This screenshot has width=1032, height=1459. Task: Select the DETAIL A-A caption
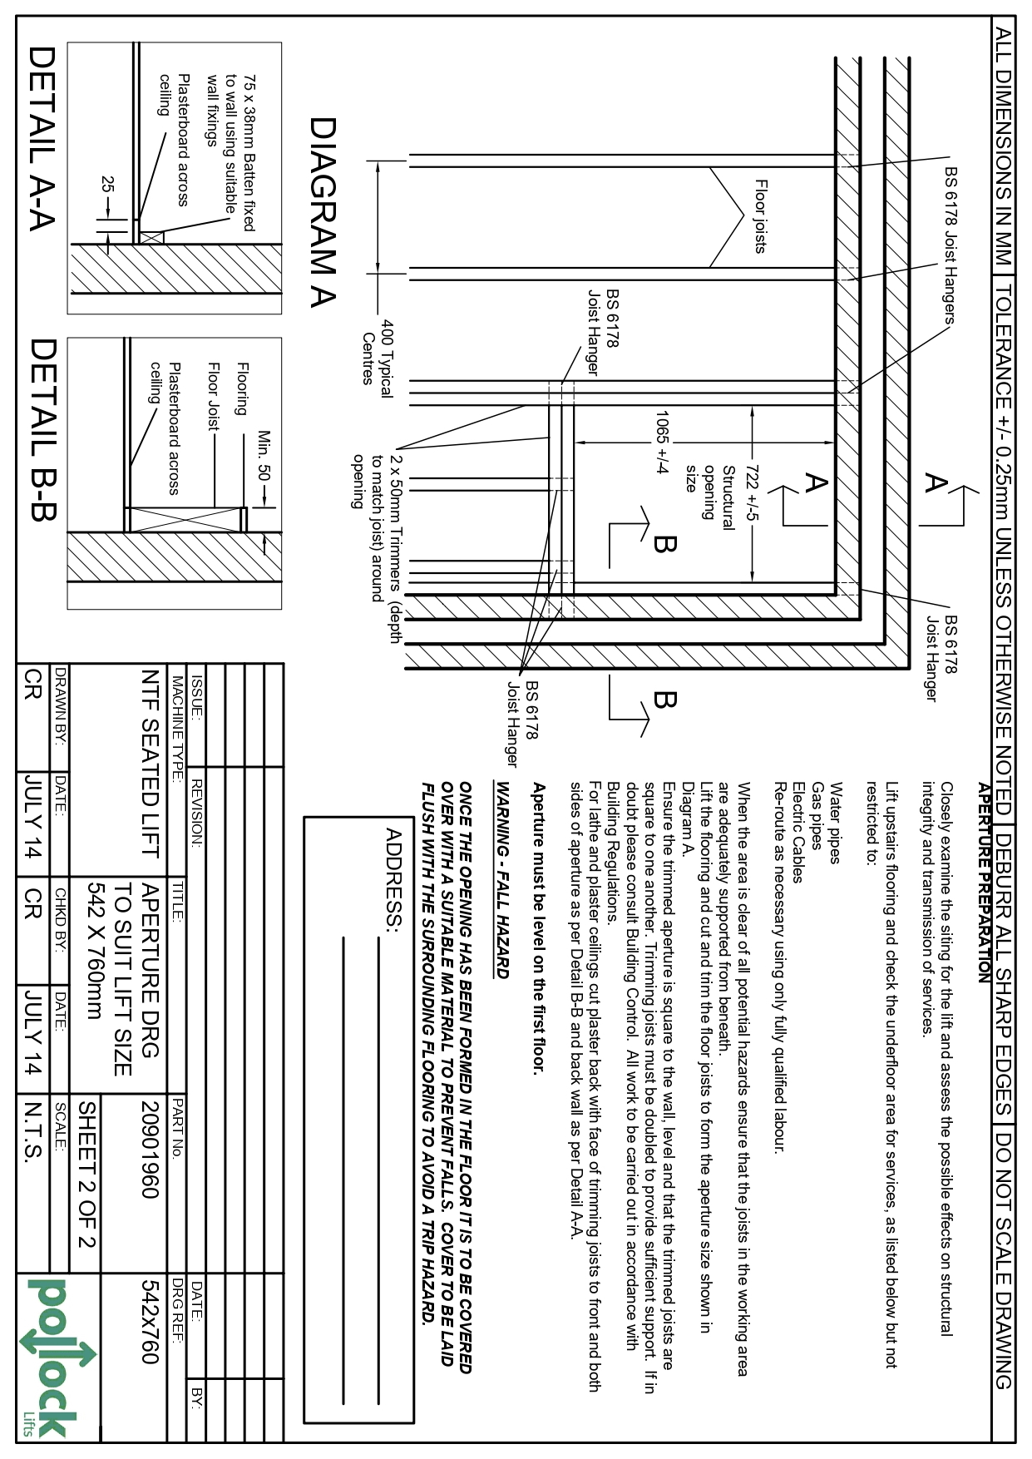[x=42, y=137]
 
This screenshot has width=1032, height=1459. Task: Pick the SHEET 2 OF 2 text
[x=87, y=1175]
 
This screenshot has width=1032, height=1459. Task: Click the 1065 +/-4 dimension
[x=663, y=442]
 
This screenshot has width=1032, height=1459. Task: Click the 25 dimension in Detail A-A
[x=107, y=185]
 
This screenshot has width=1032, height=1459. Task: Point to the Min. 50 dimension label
[x=264, y=455]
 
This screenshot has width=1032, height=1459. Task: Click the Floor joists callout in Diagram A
[x=760, y=216]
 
